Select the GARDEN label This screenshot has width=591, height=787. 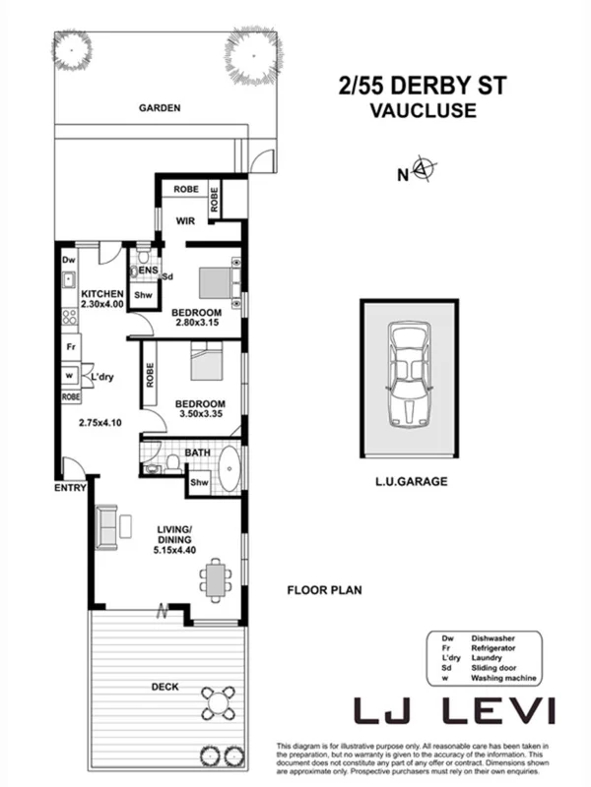159,108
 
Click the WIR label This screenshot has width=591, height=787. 183,221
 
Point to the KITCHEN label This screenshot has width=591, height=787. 101,294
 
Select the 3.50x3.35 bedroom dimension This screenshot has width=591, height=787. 200,415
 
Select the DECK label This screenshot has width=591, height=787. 164,687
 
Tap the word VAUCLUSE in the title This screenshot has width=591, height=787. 422,111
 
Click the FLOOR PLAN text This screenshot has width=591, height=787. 324,591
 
